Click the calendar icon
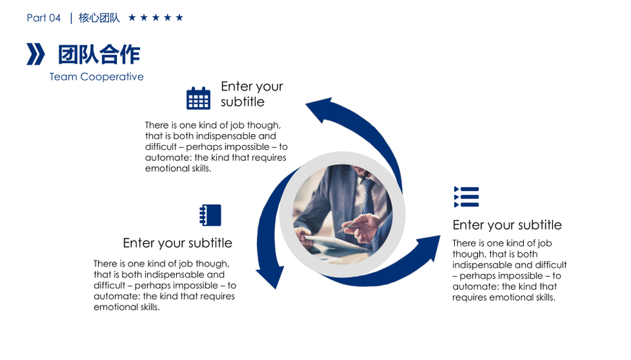click(x=199, y=98)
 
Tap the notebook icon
click(x=210, y=215)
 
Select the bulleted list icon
click(x=467, y=197)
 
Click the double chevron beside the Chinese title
click(x=35, y=54)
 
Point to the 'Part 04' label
click(x=43, y=18)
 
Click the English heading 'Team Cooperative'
click(x=97, y=77)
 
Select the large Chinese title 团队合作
click(x=99, y=55)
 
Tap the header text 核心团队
click(x=99, y=18)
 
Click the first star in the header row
click(x=132, y=18)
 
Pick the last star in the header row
click(x=179, y=18)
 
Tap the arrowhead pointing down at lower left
click(x=270, y=277)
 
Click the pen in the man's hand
click(x=346, y=227)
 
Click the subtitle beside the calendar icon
click(x=252, y=94)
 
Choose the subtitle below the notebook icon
click(x=177, y=243)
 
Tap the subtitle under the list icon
click(x=507, y=225)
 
